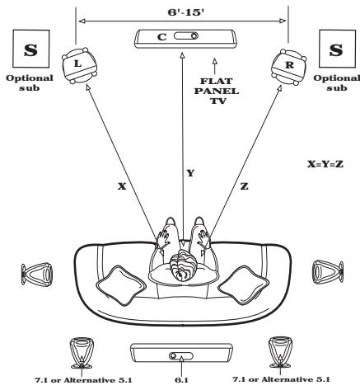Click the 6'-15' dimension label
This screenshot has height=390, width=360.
pos(181,13)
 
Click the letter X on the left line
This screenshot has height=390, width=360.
pos(97,186)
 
